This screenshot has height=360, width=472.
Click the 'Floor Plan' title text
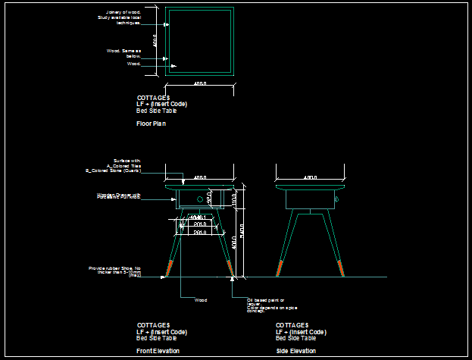click(x=151, y=123)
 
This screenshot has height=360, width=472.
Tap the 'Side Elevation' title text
click(x=295, y=351)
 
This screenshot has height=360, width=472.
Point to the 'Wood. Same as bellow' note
click(x=124, y=53)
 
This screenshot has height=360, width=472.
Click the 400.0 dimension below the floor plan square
click(x=200, y=83)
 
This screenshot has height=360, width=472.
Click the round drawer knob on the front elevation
click(x=200, y=199)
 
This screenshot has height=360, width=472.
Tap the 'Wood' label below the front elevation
click(x=201, y=300)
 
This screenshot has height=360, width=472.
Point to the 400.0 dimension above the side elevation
click(x=310, y=177)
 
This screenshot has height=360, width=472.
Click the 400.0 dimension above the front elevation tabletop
click(x=200, y=177)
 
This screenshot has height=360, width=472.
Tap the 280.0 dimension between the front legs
click(x=200, y=232)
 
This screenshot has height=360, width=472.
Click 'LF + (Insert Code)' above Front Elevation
click(x=161, y=332)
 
